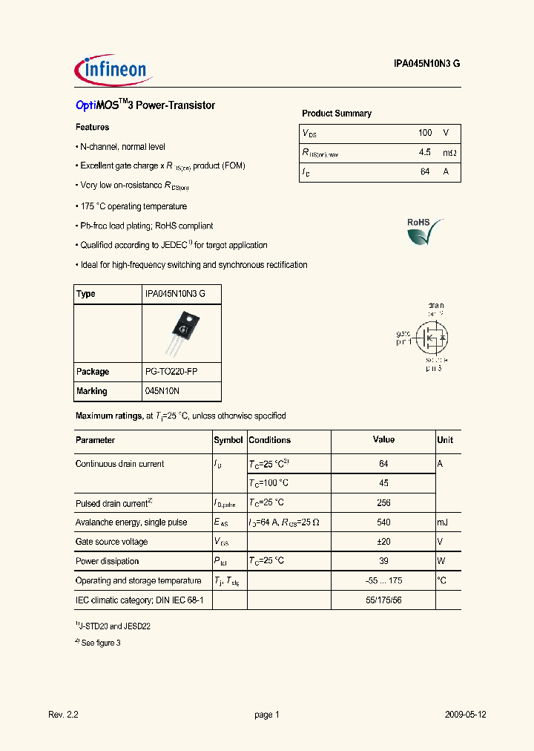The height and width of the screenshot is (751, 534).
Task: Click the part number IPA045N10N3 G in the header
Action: (426, 64)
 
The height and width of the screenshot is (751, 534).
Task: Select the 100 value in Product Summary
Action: (424, 133)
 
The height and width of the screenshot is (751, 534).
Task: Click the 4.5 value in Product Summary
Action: (424, 153)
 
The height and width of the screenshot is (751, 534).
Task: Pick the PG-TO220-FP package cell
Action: (171, 372)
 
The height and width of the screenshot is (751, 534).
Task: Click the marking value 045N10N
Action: (162, 391)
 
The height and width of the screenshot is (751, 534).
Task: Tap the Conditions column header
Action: (270, 440)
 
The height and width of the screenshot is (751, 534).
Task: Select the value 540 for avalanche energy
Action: (383, 522)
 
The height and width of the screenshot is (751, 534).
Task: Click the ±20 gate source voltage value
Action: (383, 542)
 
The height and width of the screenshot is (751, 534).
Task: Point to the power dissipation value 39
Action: (383, 561)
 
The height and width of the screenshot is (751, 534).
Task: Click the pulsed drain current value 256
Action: (383, 502)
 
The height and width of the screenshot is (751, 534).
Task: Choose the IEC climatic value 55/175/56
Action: (383, 600)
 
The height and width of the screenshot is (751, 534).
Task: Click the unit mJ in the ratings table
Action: (443, 522)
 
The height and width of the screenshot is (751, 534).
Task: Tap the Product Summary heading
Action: (337, 114)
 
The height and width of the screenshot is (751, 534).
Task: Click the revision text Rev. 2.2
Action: (63, 715)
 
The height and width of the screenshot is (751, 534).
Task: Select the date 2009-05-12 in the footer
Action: (465, 715)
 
